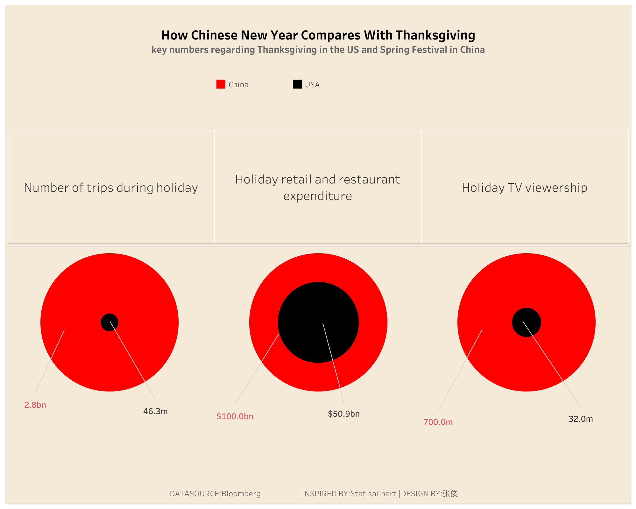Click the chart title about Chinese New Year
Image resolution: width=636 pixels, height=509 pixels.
[318, 35]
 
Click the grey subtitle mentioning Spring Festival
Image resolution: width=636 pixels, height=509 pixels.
[318, 50]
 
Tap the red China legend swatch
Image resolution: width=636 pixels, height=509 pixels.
[221, 84]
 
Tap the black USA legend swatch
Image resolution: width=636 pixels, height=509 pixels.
[297, 84]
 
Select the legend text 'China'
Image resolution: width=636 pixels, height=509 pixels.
[238, 85]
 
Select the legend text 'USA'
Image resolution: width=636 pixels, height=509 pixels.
[312, 85]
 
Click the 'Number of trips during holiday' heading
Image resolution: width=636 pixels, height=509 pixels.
[111, 188]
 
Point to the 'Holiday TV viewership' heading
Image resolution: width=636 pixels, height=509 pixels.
[525, 188]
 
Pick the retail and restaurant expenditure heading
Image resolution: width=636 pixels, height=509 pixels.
[318, 188]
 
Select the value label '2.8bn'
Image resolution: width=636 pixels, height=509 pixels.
[35, 405]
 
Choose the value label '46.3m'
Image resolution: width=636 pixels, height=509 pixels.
[155, 411]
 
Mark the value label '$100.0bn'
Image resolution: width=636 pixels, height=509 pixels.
[235, 416]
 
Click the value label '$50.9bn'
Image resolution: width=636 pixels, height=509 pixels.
[344, 414]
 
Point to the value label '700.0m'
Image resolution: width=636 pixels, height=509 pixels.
[438, 422]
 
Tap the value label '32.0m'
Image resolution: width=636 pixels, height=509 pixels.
[581, 419]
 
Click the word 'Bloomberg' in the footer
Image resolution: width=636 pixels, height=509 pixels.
[241, 494]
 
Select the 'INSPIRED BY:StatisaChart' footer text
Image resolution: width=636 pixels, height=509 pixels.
[349, 494]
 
